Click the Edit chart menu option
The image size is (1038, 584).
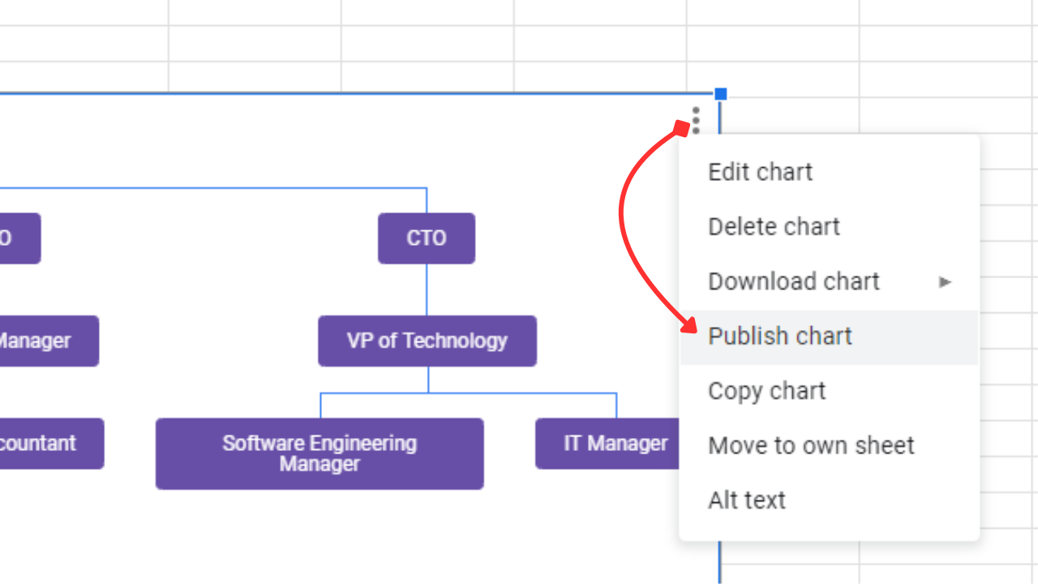tap(760, 172)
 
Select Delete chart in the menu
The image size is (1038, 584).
tap(774, 226)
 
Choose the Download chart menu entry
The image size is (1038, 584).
tap(793, 281)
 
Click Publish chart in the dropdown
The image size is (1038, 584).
tap(779, 336)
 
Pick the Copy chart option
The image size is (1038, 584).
tap(766, 391)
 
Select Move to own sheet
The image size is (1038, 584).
tap(811, 445)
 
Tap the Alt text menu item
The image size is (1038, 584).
tap(746, 500)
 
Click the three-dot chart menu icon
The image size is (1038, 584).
tap(695, 120)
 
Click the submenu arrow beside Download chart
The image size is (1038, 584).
tap(945, 282)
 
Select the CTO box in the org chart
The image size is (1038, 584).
tap(427, 238)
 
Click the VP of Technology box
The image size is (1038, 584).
tap(427, 341)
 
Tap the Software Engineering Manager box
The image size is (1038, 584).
tap(320, 453)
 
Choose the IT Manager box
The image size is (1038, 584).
tap(608, 444)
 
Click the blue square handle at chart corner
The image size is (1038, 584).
tap(720, 94)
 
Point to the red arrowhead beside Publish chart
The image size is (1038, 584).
tap(688, 326)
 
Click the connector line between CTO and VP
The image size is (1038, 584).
tap(427, 290)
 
